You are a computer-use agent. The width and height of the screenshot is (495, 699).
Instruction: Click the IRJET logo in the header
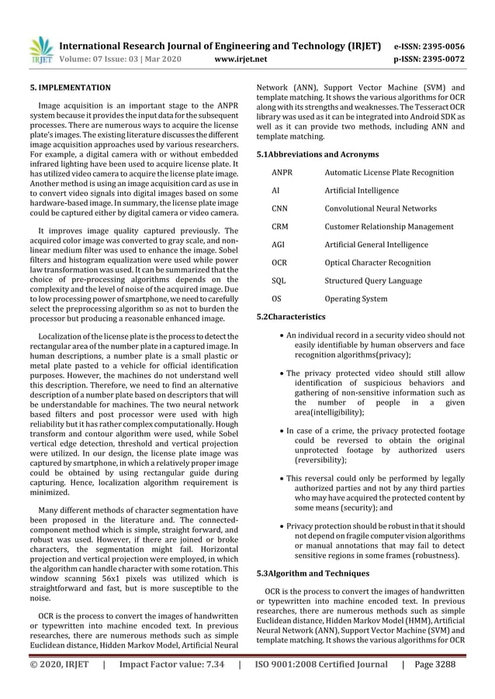point(40,49)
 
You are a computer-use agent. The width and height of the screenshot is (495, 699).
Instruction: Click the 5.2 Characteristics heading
point(291,317)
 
